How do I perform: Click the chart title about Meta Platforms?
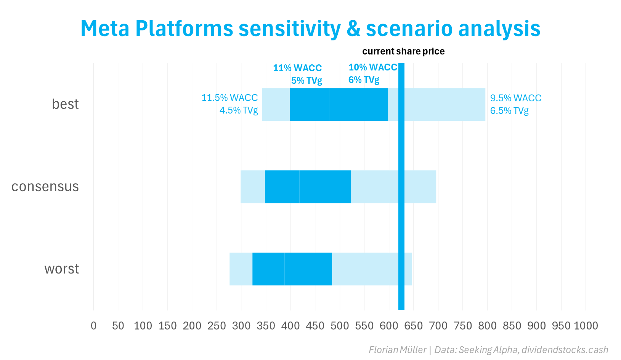[310, 29]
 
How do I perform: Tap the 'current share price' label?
[403, 51]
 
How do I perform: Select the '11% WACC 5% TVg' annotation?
[298, 74]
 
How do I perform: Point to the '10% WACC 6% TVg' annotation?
[372, 74]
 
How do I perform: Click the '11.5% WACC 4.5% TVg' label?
[230, 104]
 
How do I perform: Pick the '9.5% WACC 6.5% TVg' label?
[515, 104]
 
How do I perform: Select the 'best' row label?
[65, 104]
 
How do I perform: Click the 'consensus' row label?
[45, 187]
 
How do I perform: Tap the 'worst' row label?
[61, 269]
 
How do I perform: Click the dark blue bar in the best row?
[339, 104]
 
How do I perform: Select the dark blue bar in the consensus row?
[308, 187]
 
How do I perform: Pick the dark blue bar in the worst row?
[292, 269]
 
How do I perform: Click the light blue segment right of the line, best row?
[444, 104]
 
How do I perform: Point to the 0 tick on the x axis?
[93, 326]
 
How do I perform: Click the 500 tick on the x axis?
[340, 326]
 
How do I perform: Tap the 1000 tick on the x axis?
[586, 326]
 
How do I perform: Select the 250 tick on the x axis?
[217, 326]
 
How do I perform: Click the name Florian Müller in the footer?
[397, 350]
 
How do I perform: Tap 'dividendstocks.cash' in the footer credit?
[565, 350]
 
